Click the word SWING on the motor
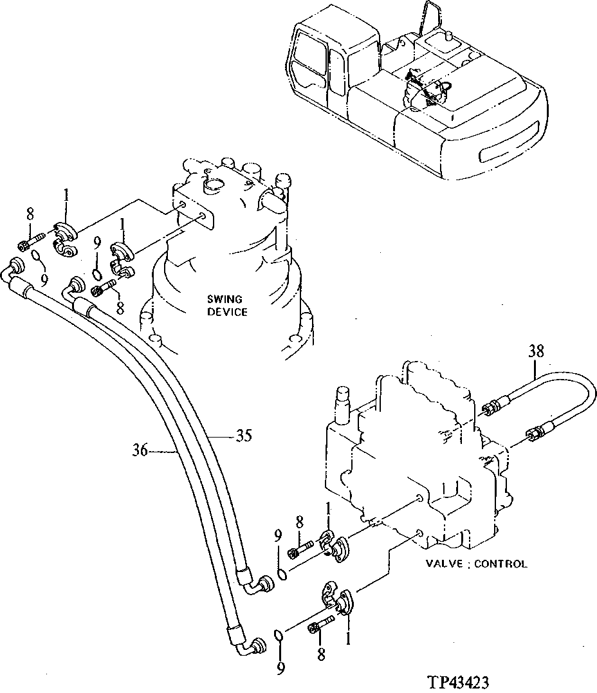point(224,299)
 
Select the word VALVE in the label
point(443,564)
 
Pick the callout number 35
point(242,435)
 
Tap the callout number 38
point(536,351)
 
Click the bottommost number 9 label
point(280,669)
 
